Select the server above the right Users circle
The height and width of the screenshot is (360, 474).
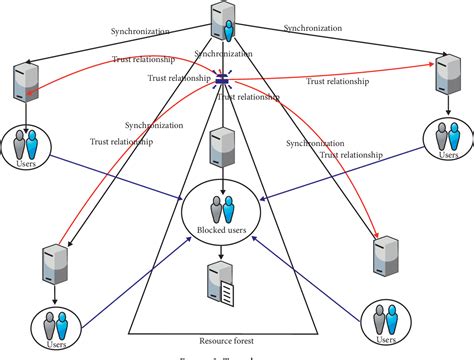(x=444, y=78)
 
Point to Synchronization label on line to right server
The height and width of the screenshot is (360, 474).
(x=318, y=27)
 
